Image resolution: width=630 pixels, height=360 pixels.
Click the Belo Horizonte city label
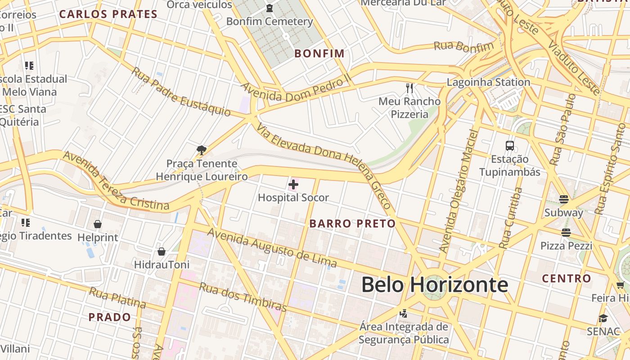coord(435,285)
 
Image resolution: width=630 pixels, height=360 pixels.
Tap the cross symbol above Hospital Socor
coord(293,184)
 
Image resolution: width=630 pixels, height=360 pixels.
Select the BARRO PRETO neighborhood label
coord(352,224)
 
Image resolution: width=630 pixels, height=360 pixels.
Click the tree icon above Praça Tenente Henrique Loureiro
coord(202,150)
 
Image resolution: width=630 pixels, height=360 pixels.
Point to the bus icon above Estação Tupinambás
coord(509,145)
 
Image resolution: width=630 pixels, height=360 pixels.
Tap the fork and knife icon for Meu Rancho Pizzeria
coord(409,87)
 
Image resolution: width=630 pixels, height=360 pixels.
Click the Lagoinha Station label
coord(488,82)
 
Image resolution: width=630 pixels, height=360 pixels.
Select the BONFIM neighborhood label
coord(319,54)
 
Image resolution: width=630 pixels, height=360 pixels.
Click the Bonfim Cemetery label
coord(270,22)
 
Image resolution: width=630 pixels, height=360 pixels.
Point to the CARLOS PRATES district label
coord(108,14)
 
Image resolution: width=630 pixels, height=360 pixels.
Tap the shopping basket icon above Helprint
coord(98,224)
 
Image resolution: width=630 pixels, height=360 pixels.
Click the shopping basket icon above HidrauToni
coord(162,252)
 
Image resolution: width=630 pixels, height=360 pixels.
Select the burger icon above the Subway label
coord(564,199)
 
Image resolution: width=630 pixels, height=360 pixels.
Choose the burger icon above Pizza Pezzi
coord(566,232)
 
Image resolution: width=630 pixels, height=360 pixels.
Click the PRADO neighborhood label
coord(109,317)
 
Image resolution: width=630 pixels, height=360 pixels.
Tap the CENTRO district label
coord(566,279)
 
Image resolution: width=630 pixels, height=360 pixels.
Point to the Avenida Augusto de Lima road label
coord(272,247)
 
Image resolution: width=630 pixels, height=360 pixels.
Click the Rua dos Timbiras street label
coord(243,297)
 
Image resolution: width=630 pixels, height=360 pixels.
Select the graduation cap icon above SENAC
coord(603,318)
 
